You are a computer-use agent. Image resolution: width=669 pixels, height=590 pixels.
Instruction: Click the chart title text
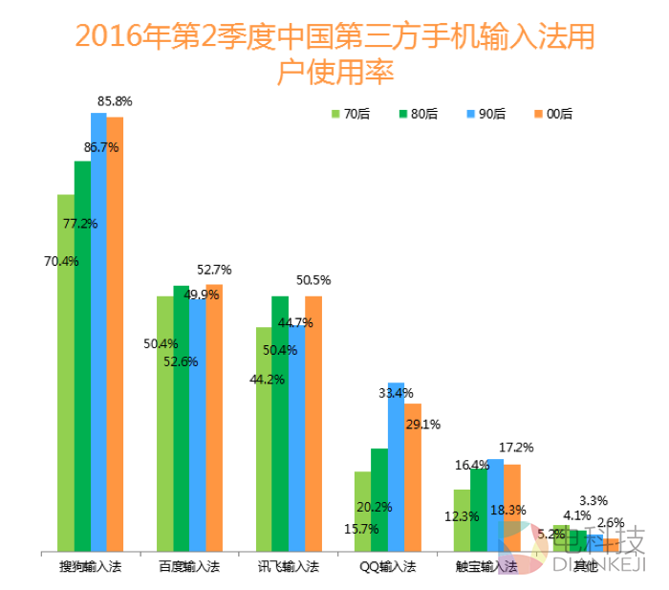334,53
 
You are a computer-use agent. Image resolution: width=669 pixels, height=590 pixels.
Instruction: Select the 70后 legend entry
351,114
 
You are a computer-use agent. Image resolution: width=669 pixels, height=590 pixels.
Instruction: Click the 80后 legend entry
418,114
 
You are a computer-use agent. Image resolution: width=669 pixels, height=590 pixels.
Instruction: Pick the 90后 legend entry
485,114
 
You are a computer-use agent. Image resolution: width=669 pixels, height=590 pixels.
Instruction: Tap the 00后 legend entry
552,114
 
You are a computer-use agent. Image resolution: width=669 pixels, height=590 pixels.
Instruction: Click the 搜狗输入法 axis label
90,567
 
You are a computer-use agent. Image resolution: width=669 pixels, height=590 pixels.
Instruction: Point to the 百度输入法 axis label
189,567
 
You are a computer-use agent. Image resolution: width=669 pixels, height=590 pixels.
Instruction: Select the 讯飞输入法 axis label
288,567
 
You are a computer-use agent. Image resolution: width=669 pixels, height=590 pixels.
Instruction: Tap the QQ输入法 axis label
387,567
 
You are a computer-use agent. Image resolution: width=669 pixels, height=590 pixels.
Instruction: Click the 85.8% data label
115,100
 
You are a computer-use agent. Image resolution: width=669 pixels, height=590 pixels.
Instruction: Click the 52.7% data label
213,270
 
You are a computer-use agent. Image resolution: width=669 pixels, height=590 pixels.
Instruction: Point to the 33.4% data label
396,393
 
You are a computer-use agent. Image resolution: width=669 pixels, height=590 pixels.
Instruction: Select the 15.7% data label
360,529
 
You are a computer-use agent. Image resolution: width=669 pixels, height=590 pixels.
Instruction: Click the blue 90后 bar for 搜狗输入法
98,335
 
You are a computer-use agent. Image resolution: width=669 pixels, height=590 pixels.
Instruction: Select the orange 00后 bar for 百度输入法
214,421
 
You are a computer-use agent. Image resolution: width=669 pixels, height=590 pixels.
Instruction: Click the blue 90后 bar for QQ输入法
396,469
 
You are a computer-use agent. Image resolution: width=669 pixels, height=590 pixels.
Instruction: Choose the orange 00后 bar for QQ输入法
412,478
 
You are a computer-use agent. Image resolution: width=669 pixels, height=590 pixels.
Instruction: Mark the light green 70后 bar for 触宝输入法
462,521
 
